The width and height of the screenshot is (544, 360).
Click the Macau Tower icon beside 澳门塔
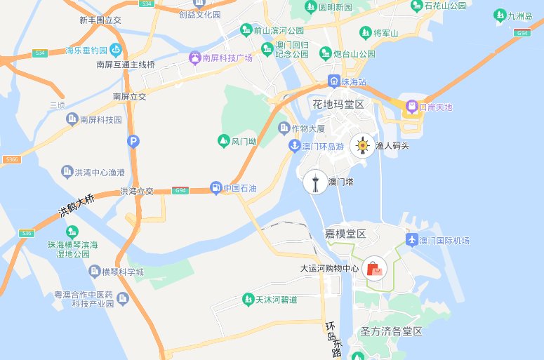[x=315, y=182]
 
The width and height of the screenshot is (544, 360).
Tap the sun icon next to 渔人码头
[x=362, y=145]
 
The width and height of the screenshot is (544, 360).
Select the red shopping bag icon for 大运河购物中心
[x=374, y=269]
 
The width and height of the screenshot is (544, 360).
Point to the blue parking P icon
[x=133, y=142]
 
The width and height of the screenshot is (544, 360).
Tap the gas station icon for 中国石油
[x=215, y=187]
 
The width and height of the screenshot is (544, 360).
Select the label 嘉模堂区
[x=345, y=233]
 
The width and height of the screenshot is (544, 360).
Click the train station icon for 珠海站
[x=334, y=81]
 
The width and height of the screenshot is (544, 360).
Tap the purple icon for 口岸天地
[x=410, y=107]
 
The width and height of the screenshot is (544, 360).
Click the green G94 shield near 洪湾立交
[x=181, y=191]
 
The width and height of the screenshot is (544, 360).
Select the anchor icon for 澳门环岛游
[x=295, y=146]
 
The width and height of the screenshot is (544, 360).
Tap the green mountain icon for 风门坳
[x=224, y=141]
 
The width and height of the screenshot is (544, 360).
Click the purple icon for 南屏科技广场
[x=195, y=58]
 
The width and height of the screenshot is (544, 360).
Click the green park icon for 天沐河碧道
[x=248, y=300]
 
